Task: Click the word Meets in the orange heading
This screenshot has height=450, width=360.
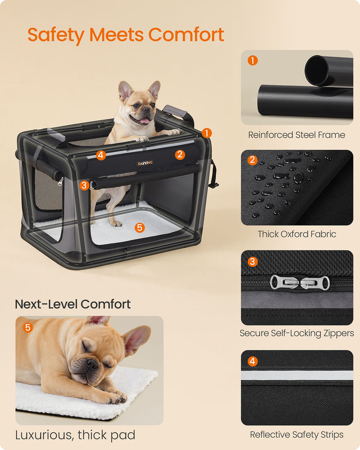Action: [116, 35]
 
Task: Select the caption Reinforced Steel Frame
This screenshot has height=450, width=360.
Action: [297, 135]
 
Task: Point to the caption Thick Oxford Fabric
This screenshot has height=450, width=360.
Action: [297, 234]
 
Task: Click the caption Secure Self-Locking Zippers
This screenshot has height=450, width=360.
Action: [297, 333]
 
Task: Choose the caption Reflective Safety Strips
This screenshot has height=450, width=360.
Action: [297, 435]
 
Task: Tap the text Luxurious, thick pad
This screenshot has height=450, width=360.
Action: [75, 435]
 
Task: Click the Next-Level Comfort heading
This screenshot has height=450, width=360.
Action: [73, 304]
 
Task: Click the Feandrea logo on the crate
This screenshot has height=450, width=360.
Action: [145, 163]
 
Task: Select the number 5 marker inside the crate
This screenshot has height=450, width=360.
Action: [139, 228]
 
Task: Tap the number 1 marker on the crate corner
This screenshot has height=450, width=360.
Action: [207, 133]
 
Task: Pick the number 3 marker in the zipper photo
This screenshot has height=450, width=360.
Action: [252, 261]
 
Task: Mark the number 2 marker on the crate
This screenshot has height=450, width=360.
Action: [180, 155]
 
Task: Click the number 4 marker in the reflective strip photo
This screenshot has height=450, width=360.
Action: [252, 361]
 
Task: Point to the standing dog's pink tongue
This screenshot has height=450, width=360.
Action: [145, 121]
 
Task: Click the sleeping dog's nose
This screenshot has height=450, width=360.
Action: [92, 364]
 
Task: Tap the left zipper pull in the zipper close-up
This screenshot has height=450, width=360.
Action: [284, 283]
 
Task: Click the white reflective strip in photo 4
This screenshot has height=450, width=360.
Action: [297, 375]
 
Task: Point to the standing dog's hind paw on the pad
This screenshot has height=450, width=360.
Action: [116, 223]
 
